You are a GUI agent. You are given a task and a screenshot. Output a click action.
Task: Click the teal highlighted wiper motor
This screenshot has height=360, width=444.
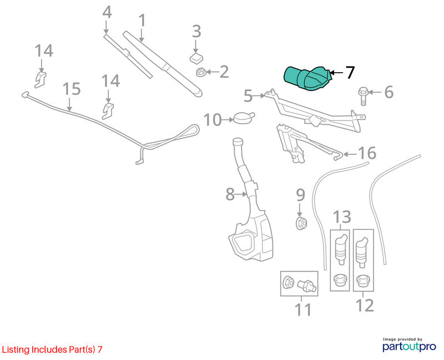coord(307,78)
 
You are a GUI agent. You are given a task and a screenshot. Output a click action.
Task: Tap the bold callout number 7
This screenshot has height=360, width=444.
coord(350,73)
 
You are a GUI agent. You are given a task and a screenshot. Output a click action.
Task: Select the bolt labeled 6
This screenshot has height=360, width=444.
coord(364,96)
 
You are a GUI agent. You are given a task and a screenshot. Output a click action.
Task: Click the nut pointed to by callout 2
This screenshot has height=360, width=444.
coord(200,72)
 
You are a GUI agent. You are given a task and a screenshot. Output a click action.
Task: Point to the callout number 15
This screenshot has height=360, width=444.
coord(72,89)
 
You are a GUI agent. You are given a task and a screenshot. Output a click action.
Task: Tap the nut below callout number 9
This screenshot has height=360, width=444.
coord(301,224)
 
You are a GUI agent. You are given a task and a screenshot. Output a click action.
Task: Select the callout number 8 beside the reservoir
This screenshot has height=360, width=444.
coord(230,194)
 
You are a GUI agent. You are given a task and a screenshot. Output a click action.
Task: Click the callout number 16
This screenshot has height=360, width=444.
coord(367,153)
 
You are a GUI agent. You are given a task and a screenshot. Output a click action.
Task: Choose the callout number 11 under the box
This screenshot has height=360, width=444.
coord(303,310)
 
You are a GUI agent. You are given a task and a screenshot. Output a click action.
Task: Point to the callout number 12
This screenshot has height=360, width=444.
coord(365,306)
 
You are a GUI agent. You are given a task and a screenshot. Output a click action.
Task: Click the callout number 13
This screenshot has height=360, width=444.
coord(342,217)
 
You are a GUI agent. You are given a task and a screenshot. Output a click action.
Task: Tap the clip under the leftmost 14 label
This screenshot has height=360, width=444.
coord(41,79)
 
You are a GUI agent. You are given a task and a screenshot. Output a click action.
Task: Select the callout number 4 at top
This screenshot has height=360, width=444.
coord(107,12)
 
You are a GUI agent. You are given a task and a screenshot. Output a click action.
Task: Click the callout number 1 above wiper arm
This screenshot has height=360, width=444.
coord(142,21)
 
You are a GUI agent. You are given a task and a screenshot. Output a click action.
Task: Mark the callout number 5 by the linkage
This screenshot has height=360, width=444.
coord(248,96)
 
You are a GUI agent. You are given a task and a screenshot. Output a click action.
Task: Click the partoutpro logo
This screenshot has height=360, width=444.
coord(409,345)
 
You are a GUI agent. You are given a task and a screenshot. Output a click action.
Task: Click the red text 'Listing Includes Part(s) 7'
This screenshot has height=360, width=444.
coord(52,349)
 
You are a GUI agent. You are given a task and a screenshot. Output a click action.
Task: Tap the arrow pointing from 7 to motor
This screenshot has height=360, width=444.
coord(337,73)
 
